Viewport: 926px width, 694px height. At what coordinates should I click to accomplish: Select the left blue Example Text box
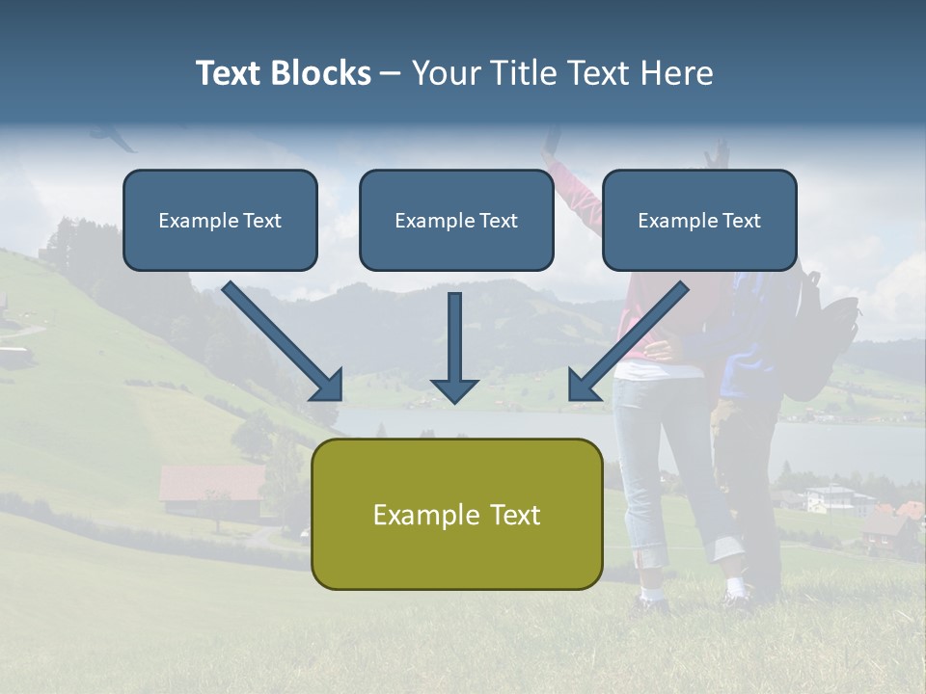(x=220, y=221)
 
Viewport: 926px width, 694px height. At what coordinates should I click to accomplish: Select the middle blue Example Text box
(x=456, y=221)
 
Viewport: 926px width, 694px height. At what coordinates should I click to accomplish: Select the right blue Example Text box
(x=699, y=221)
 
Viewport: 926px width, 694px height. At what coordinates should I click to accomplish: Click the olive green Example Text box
(x=456, y=515)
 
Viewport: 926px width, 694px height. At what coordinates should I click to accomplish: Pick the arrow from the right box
(x=628, y=341)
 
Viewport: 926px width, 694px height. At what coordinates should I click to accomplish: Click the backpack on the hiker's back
(x=826, y=333)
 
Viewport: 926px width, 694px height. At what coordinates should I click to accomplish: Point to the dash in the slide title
(x=391, y=74)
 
